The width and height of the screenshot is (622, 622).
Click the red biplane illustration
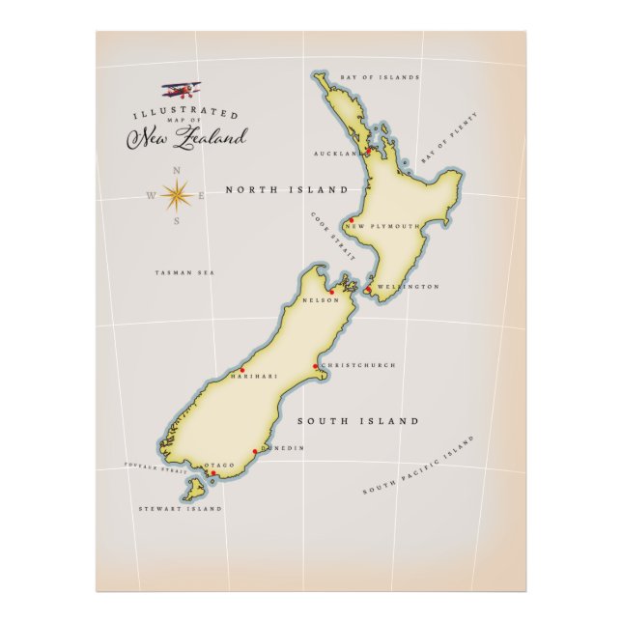[x=181, y=90]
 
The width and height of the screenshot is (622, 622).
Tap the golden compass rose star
[x=176, y=196]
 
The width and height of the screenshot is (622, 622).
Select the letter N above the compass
[x=176, y=171]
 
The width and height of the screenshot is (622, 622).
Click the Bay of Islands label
[x=381, y=76]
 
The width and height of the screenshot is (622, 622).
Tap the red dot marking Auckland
[x=367, y=152]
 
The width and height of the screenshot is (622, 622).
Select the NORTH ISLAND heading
[x=286, y=190]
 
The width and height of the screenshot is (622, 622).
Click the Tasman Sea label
[x=184, y=273]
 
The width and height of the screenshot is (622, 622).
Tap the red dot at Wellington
[x=368, y=288]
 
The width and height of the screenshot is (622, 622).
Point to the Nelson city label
[x=321, y=300]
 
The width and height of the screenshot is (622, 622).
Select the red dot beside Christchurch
[x=316, y=367]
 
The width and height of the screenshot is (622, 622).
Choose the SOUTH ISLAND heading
[x=357, y=421]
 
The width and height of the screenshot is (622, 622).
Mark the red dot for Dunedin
[x=255, y=451]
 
